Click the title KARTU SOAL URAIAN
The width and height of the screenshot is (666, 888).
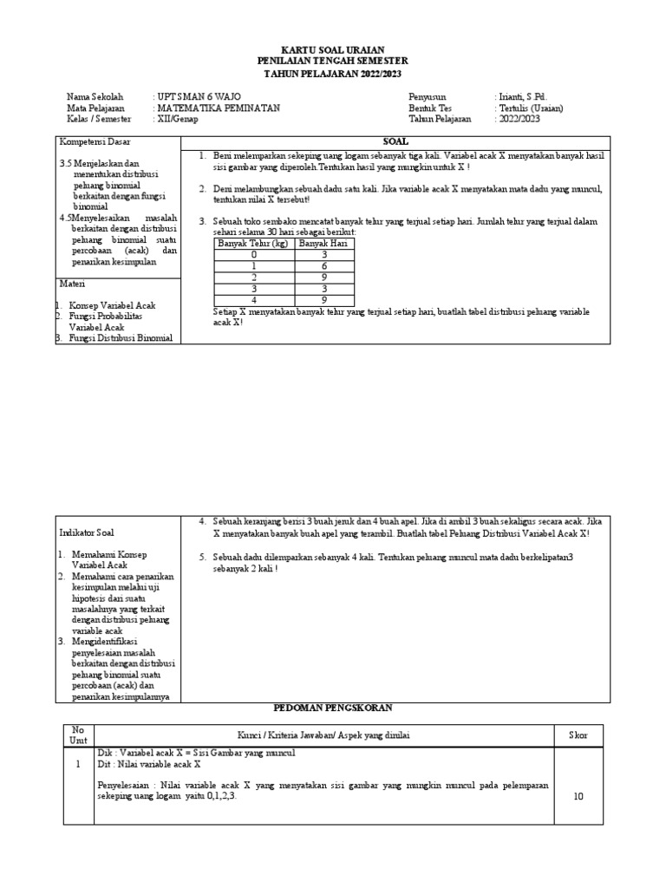pyautogui.click(x=333, y=49)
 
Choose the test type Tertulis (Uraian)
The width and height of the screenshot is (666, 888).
pyautogui.click(x=530, y=108)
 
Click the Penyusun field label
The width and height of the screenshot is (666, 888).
pyautogui.click(x=427, y=96)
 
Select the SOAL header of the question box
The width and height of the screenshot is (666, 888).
pyautogui.click(x=395, y=140)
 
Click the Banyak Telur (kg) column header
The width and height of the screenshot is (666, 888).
pyautogui.click(x=254, y=244)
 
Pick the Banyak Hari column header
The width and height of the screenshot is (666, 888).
pyautogui.click(x=323, y=244)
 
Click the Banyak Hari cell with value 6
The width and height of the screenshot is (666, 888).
pyautogui.click(x=323, y=266)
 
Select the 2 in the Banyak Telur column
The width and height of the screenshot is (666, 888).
pyautogui.click(x=254, y=277)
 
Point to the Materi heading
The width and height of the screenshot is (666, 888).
pyautogui.click(x=71, y=284)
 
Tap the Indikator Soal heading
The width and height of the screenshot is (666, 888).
pyautogui.click(x=87, y=532)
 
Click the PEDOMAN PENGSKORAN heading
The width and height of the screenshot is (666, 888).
pyautogui.click(x=333, y=708)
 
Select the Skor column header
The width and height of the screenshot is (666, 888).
pyautogui.click(x=578, y=735)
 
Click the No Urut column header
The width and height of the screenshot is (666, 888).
pyautogui.click(x=77, y=735)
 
